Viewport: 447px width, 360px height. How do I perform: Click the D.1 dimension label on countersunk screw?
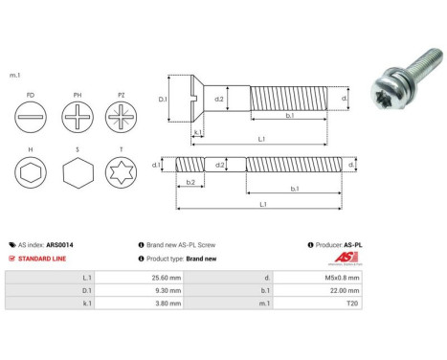coord(164,99)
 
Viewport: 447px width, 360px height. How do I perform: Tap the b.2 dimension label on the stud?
coord(190,181)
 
